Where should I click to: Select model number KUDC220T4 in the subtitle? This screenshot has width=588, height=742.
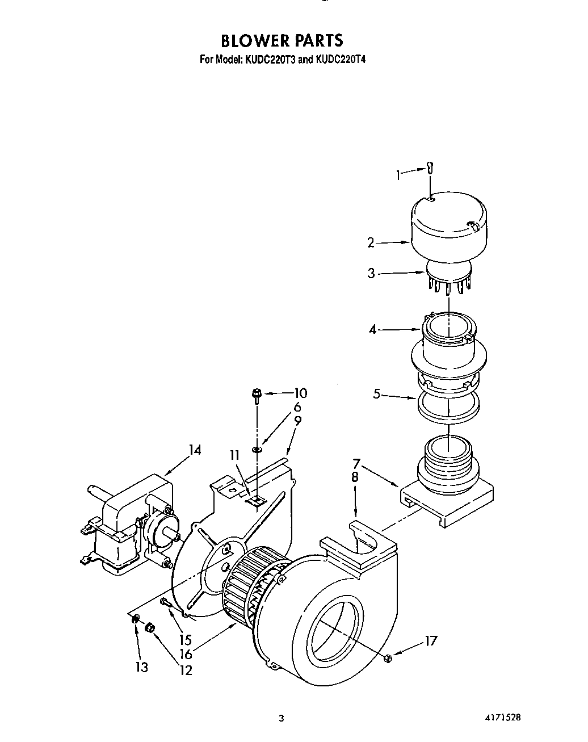339,58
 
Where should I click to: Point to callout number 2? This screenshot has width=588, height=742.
371,243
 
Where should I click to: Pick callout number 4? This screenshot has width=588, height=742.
372,329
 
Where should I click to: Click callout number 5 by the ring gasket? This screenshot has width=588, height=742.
376,393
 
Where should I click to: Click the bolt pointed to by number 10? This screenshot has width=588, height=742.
257,393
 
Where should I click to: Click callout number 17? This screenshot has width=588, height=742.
431,641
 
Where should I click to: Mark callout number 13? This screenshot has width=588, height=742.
141,667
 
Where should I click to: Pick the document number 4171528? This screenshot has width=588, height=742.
501,718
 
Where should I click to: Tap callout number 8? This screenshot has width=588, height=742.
355,477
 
